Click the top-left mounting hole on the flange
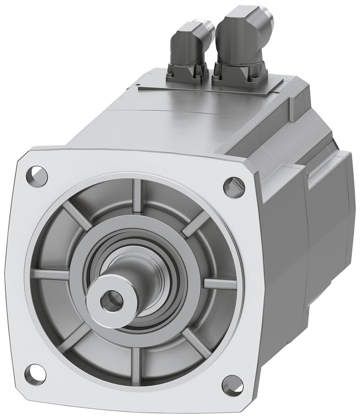tap(37, 176)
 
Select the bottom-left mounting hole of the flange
tap(35, 374)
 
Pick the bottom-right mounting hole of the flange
tap(233, 385)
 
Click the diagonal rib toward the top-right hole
tap(196, 224)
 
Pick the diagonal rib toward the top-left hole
tap(77, 216)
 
